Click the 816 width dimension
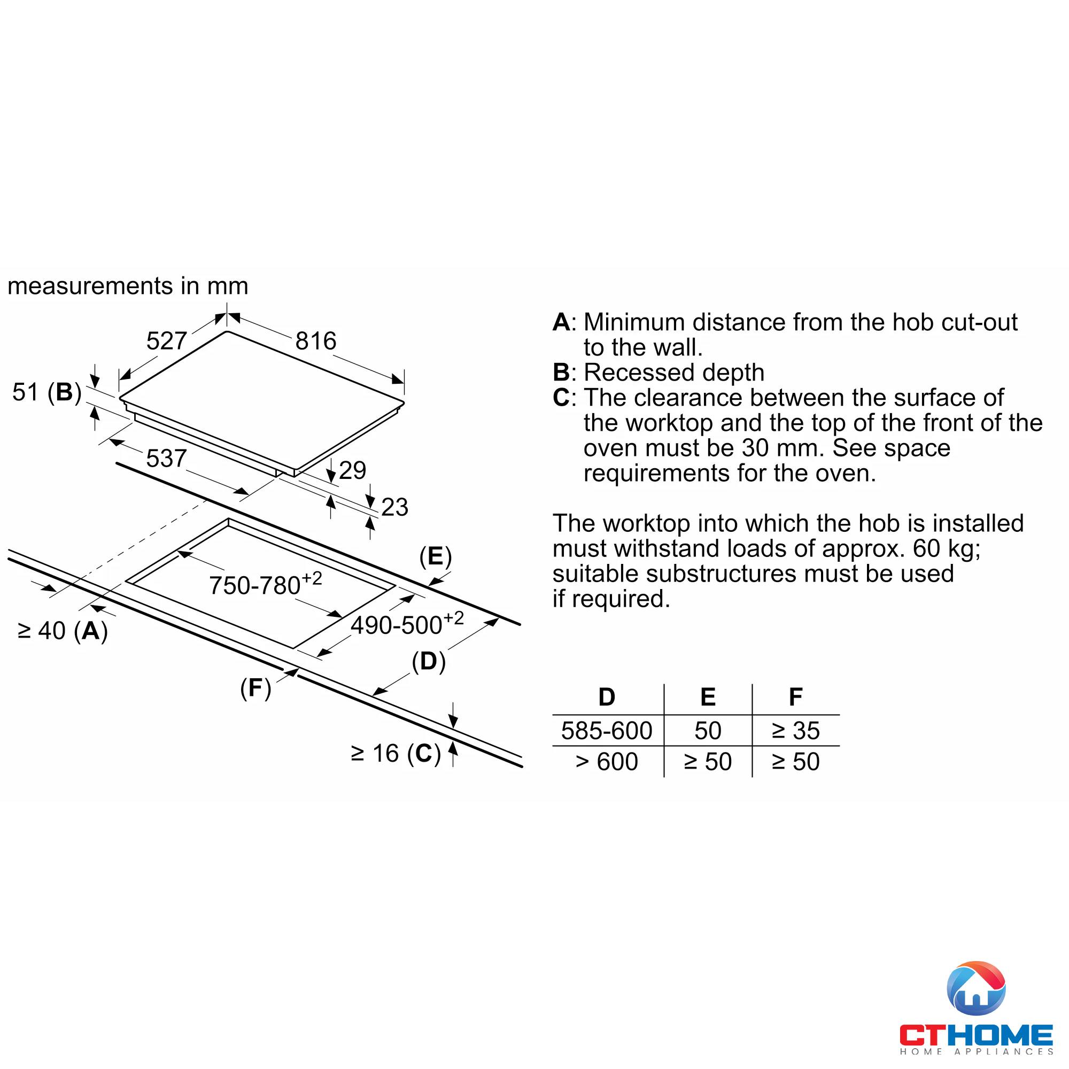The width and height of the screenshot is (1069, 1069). (x=315, y=341)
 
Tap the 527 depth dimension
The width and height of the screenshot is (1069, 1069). (x=166, y=341)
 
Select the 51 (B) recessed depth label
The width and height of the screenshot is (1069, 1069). (x=47, y=392)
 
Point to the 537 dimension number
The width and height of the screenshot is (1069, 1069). (x=166, y=458)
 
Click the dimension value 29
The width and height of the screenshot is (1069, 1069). (x=352, y=470)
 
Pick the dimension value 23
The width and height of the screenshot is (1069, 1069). (x=394, y=507)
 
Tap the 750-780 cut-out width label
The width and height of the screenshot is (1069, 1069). (x=265, y=584)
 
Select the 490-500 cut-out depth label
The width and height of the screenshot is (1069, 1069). (x=407, y=624)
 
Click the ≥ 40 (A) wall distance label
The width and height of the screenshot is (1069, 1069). (x=63, y=631)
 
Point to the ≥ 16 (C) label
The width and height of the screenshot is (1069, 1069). (x=396, y=754)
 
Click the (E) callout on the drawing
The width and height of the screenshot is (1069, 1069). (x=436, y=556)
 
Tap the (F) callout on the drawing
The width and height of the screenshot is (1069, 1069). (x=255, y=688)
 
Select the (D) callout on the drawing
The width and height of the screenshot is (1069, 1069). (x=428, y=661)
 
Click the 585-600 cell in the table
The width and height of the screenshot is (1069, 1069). (x=607, y=731)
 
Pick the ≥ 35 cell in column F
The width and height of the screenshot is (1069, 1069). (x=796, y=731)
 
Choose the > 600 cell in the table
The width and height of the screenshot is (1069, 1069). (x=607, y=762)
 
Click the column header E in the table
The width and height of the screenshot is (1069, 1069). (x=708, y=697)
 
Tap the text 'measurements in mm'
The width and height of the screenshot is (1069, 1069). (x=128, y=286)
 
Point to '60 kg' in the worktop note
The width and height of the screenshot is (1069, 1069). (x=946, y=549)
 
